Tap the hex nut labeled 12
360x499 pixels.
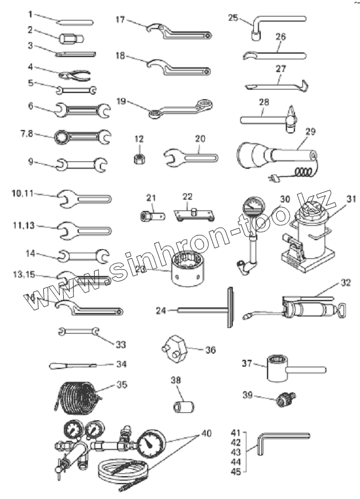tap(138, 158)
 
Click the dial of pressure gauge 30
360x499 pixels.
tap(252, 206)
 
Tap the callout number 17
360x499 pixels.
tap(120, 19)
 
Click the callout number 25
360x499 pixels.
tap(232, 18)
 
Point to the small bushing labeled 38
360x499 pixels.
tap(184, 407)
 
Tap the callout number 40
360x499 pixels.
tap(205, 433)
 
